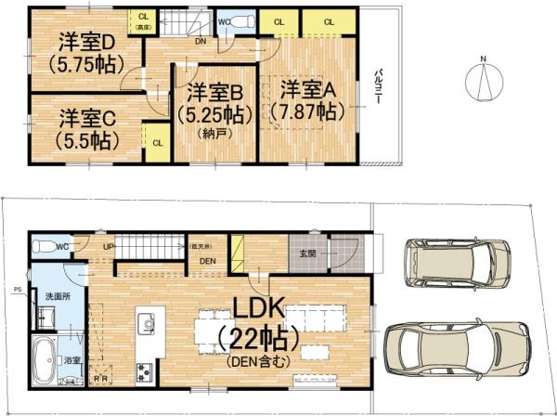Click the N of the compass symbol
[x=483, y=61]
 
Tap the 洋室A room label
[x=306, y=90]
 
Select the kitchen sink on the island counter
[x=146, y=324]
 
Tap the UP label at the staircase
[x=110, y=245]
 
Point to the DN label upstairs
[x=201, y=42]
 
